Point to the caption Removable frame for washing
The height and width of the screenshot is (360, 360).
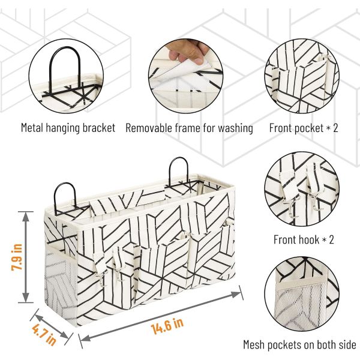pos(189,128)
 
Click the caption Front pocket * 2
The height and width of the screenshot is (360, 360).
pos(304,128)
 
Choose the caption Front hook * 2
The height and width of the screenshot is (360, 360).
pos(304,240)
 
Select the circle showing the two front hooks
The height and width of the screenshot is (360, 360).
pos(304,189)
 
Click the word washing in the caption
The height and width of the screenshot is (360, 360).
pos(233,128)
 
